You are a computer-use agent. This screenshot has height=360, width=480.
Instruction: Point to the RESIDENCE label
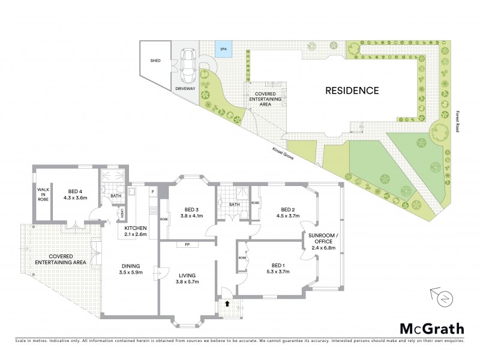[352, 91]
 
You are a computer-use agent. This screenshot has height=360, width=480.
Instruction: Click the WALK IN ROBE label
[42, 196]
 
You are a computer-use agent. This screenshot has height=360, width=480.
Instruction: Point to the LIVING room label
[187, 276]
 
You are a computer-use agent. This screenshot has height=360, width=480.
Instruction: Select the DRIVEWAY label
[185, 88]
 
